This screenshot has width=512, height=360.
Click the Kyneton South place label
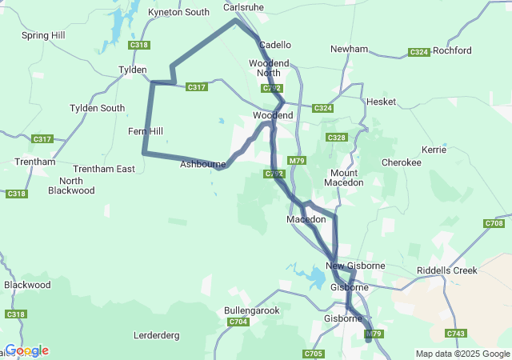pos(179,12)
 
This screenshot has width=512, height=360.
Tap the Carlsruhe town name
pos(243,7)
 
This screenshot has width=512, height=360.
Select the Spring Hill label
pos(44,35)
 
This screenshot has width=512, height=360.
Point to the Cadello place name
pos(275,45)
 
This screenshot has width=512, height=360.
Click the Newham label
pos(348,49)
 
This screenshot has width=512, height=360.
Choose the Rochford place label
pos(452,50)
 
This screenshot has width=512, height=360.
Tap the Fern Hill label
pos(145,131)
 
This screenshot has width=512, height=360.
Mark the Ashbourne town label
pos(202,164)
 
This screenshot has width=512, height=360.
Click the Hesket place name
pos(381,102)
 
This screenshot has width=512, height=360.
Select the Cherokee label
pos(401,162)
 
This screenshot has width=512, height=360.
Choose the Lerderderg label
pos(157,335)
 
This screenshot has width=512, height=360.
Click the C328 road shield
pos(337,138)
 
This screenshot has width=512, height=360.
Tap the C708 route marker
pos(494,223)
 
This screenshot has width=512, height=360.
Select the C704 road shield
pos(238,322)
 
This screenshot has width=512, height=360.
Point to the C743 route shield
pos(456,333)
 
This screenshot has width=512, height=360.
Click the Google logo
pos(26,350)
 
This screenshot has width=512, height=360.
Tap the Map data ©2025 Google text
pos(462,354)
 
